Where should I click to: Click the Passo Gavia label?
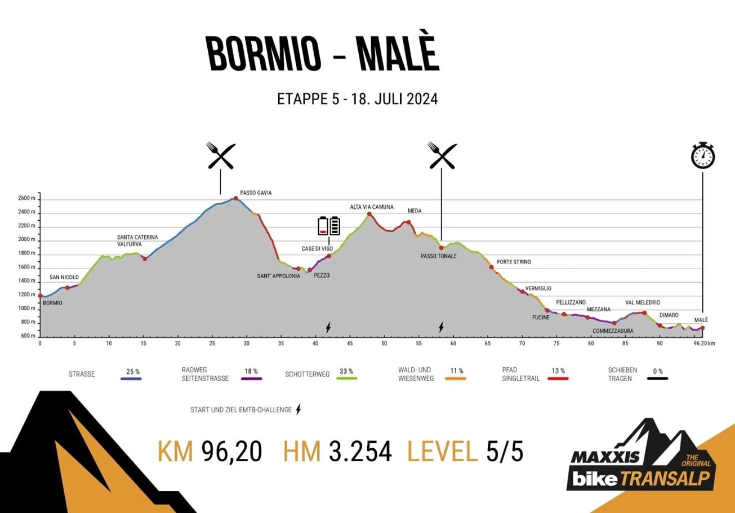click(x=256, y=193)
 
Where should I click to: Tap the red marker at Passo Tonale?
click(x=442, y=248)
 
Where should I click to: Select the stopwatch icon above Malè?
click(x=702, y=155)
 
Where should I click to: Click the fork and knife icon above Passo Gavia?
click(x=221, y=156)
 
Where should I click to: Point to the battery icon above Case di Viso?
click(x=329, y=226)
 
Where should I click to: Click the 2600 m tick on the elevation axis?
click(x=26, y=199)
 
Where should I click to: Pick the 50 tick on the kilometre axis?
click(x=384, y=343)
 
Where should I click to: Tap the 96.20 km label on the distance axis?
click(x=703, y=343)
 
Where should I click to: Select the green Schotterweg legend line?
click(x=348, y=379)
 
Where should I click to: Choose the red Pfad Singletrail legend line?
click(x=558, y=379)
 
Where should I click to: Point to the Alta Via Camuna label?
click(x=372, y=207)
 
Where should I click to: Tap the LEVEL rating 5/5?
click(x=504, y=452)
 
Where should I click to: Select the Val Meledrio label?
click(x=643, y=302)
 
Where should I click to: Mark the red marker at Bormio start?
click(x=40, y=296)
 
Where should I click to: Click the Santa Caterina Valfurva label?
click(x=137, y=240)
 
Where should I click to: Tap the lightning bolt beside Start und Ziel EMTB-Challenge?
click(x=299, y=409)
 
